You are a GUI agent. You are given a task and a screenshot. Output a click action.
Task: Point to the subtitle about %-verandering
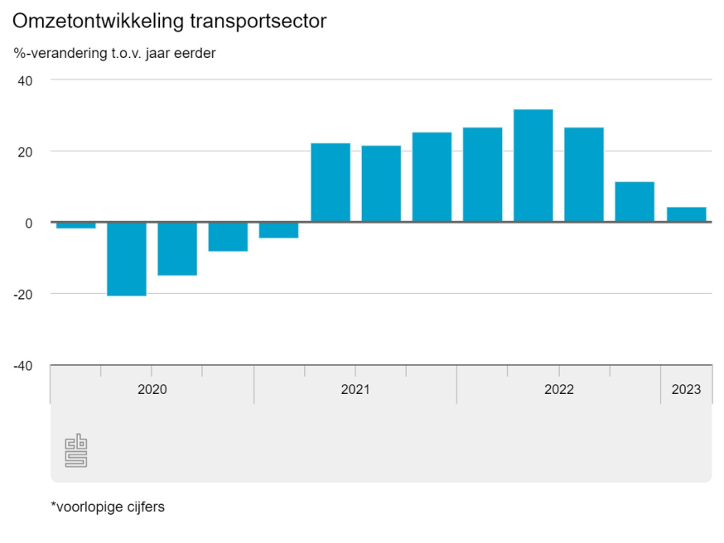[114, 54]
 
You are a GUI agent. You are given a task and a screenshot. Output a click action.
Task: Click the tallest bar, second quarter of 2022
[533, 166]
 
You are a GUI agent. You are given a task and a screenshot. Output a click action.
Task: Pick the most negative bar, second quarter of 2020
[127, 259]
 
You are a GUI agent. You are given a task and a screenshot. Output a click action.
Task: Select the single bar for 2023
[686, 214]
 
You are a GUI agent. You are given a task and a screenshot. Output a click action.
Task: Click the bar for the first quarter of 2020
[76, 225]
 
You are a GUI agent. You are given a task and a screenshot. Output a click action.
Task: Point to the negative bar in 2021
[279, 230]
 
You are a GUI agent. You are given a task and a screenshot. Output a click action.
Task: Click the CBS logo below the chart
[76, 450]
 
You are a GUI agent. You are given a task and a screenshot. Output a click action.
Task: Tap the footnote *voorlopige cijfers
[108, 507]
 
